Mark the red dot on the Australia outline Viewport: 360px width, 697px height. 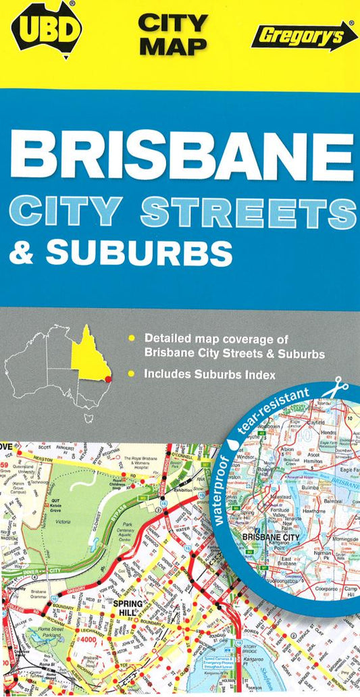click(106, 380)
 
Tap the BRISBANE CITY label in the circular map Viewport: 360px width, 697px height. click(272, 537)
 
